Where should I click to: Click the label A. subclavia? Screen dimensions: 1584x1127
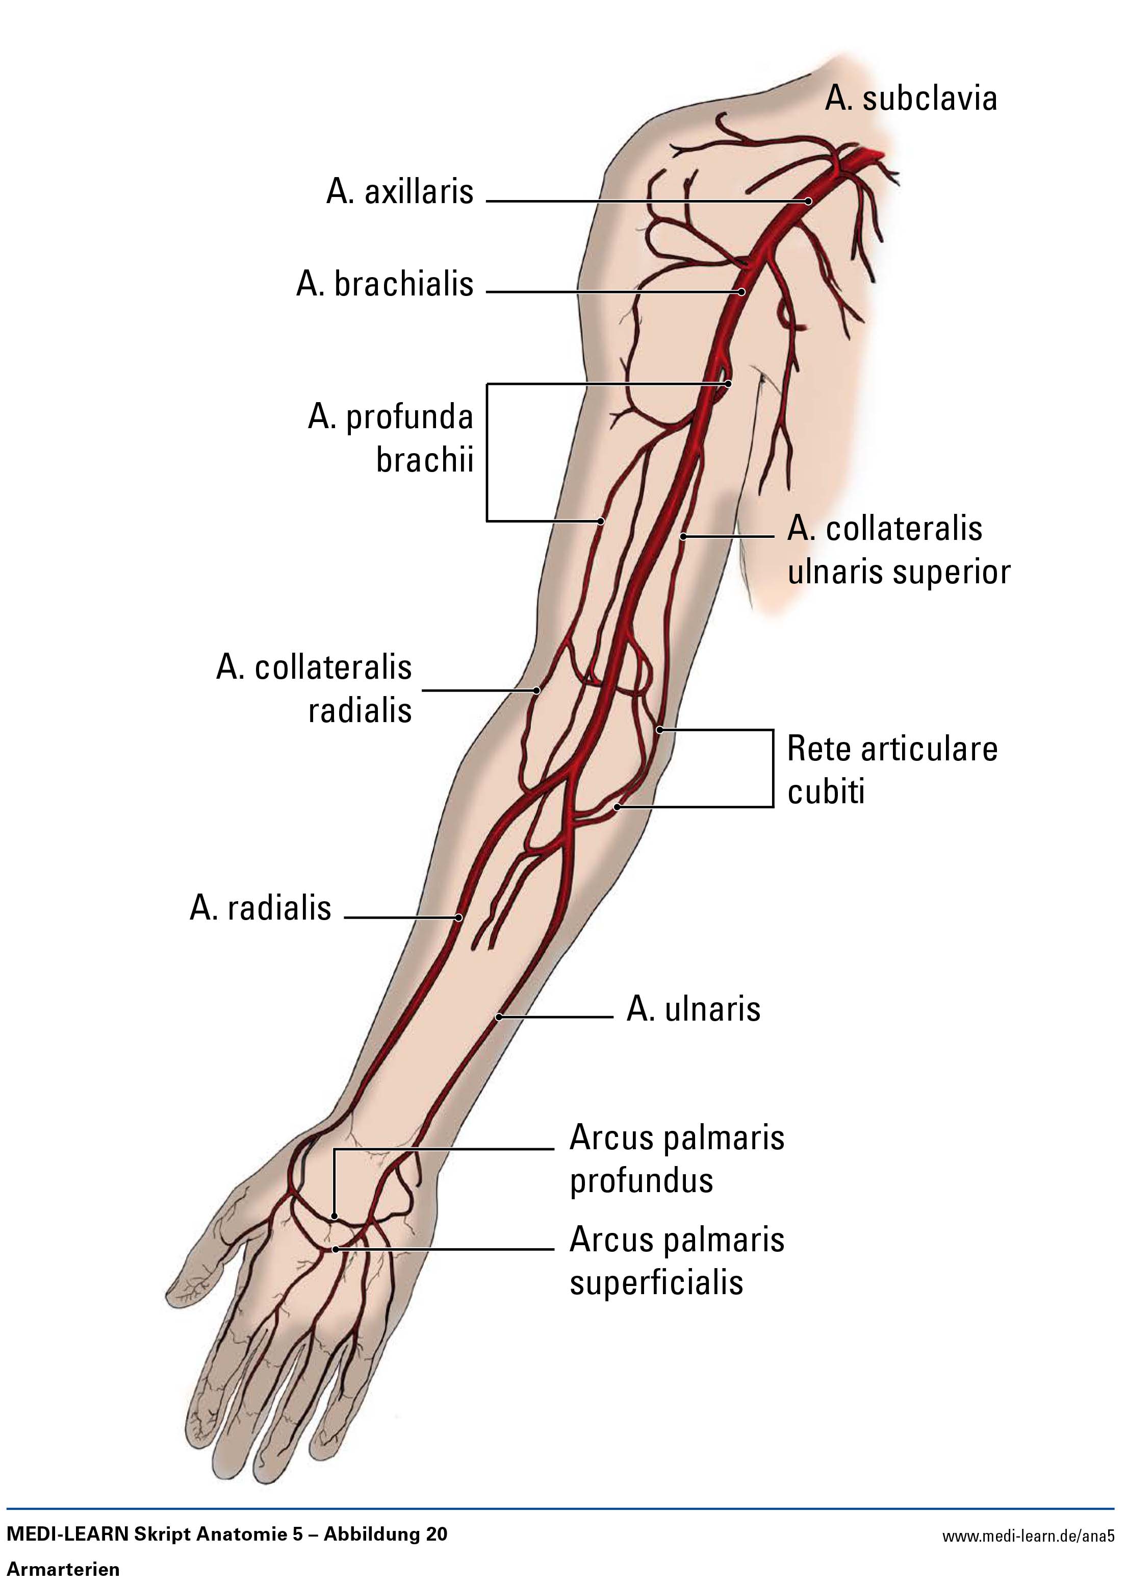tap(910, 100)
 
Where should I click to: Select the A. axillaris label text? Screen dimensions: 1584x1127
tap(400, 192)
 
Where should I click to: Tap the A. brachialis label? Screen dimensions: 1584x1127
tap(385, 284)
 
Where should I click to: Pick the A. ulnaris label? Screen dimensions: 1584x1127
tap(693, 1009)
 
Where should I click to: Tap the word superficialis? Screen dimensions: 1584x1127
tap(656, 1282)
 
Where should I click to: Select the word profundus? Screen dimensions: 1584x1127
tap(641, 1180)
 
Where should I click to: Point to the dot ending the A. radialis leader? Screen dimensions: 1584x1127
tap(459, 918)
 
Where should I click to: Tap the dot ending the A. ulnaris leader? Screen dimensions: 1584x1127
tap(499, 1018)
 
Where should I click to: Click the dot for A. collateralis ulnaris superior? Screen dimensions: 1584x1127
tap(683, 536)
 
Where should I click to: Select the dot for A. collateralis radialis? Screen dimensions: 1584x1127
tap(536, 690)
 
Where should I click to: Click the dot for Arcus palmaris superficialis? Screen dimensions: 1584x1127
tap(335, 1249)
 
